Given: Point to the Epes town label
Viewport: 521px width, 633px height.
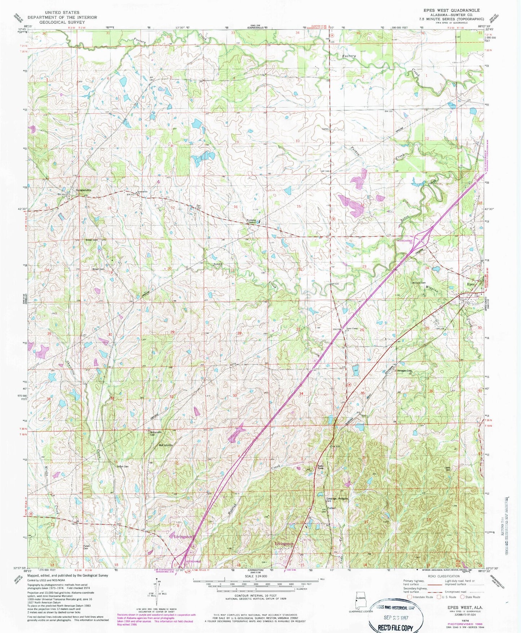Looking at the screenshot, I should pyautogui.click(x=471, y=284).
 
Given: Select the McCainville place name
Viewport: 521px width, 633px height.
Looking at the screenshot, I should pyautogui.click(x=166, y=445).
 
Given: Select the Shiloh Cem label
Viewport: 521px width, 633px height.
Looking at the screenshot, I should pyautogui.click(x=122, y=467).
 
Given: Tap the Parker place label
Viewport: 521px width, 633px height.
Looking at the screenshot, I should pyautogui.click(x=331, y=508).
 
